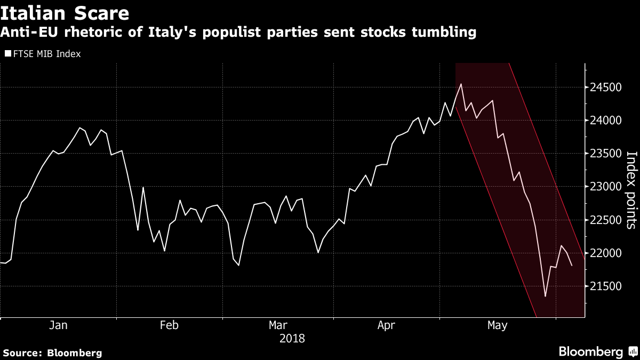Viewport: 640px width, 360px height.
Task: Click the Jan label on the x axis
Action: point(58,325)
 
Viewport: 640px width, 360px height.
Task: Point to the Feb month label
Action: point(169,325)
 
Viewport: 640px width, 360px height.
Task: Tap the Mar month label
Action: point(278,325)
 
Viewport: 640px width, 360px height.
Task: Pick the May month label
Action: point(497,325)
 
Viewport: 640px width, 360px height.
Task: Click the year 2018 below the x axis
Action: point(292,338)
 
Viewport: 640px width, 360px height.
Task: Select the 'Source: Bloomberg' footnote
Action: point(52,353)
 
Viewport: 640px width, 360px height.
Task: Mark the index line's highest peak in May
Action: point(461,84)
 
